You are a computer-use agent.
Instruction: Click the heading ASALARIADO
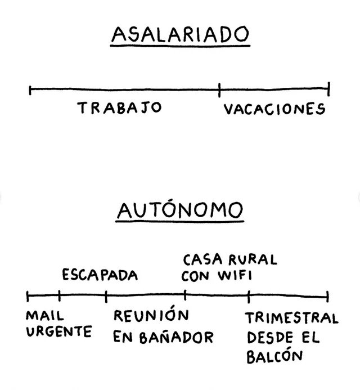[180, 34]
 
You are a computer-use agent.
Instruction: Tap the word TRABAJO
[120, 108]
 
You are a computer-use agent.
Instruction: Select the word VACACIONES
[274, 109]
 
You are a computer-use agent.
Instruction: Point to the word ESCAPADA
[100, 275]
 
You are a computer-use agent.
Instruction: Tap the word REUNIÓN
[150, 316]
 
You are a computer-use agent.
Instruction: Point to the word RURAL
[252, 260]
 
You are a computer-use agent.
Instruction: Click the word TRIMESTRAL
[291, 319]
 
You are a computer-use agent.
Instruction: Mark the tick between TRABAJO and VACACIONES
[219, 88]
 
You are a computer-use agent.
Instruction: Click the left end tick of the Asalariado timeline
[30, 88]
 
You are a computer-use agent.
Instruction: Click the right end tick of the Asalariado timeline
[328, 88]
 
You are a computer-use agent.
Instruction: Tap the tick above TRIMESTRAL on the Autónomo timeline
[249, 295]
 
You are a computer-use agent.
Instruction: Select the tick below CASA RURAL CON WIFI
[185, 295]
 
